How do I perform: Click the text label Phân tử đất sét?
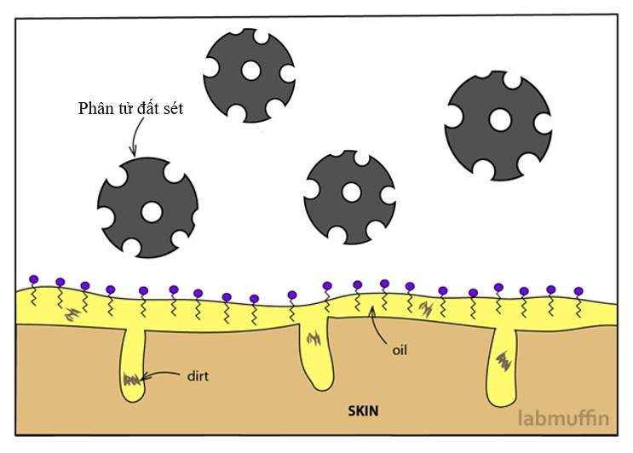pyautogui.click(x=130, y=109)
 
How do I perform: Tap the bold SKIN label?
pyautogui.click(x=364, y=409)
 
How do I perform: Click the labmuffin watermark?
pyautogui.click(x=561, y=417)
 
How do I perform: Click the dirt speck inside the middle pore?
pyautogui.click(x=314, y=341)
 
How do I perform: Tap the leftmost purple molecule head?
pyautogui.click(x=33, y=279)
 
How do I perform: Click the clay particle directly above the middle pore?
pyautogui.click(x=349, y=197)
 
